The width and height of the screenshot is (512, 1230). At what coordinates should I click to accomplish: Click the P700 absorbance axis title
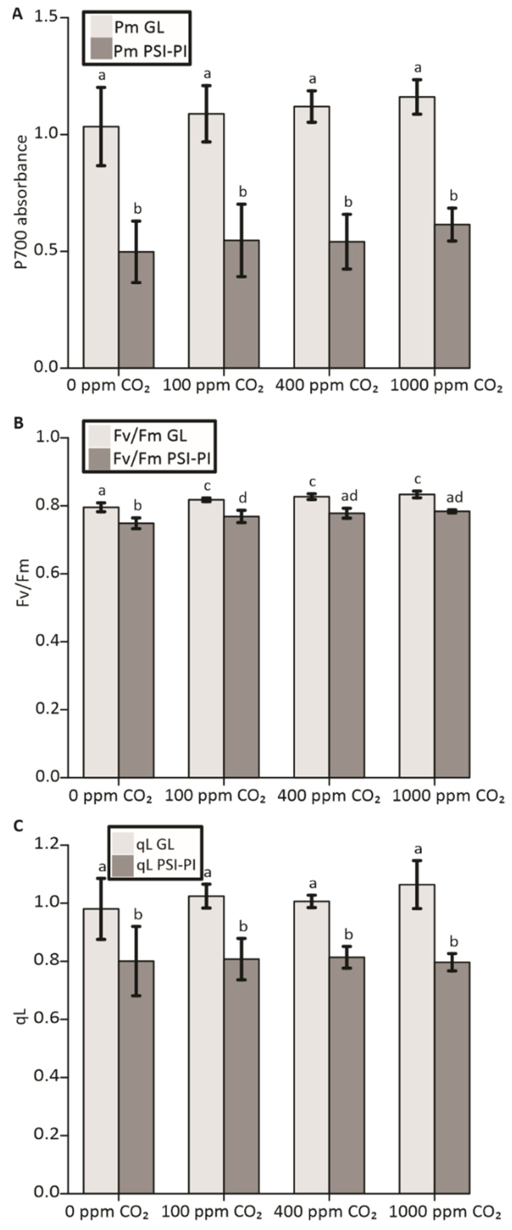[21, 202]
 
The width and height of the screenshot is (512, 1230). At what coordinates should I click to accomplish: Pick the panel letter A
[18, 14]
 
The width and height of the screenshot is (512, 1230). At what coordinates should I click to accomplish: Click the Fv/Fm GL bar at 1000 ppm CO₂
[416, 635]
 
